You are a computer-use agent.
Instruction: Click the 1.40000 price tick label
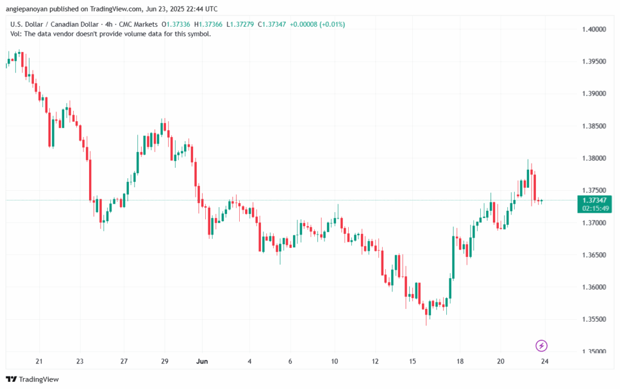point(594,29)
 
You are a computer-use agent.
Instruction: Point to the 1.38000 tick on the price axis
point(594,158)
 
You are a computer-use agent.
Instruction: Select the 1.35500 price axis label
point(594,319)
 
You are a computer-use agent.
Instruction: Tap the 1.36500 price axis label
point(594,255)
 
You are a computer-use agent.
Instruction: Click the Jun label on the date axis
point(202,361)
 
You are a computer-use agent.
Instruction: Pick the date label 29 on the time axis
point(165,361)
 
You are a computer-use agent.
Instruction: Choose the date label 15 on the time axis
point(412,361)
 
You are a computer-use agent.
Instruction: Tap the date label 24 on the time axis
point(544,361)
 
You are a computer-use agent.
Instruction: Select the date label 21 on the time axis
point(39,361)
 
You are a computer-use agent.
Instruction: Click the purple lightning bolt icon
point(541,346)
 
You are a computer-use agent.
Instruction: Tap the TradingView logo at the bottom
point(32,379)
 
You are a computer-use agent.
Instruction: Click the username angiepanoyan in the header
point(27,8)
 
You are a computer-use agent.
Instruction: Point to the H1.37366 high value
point(208,24)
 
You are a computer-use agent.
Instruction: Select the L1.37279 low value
point(240,24)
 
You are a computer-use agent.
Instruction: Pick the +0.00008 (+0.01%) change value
point(317,24)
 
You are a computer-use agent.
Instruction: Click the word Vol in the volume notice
point(15,34)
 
